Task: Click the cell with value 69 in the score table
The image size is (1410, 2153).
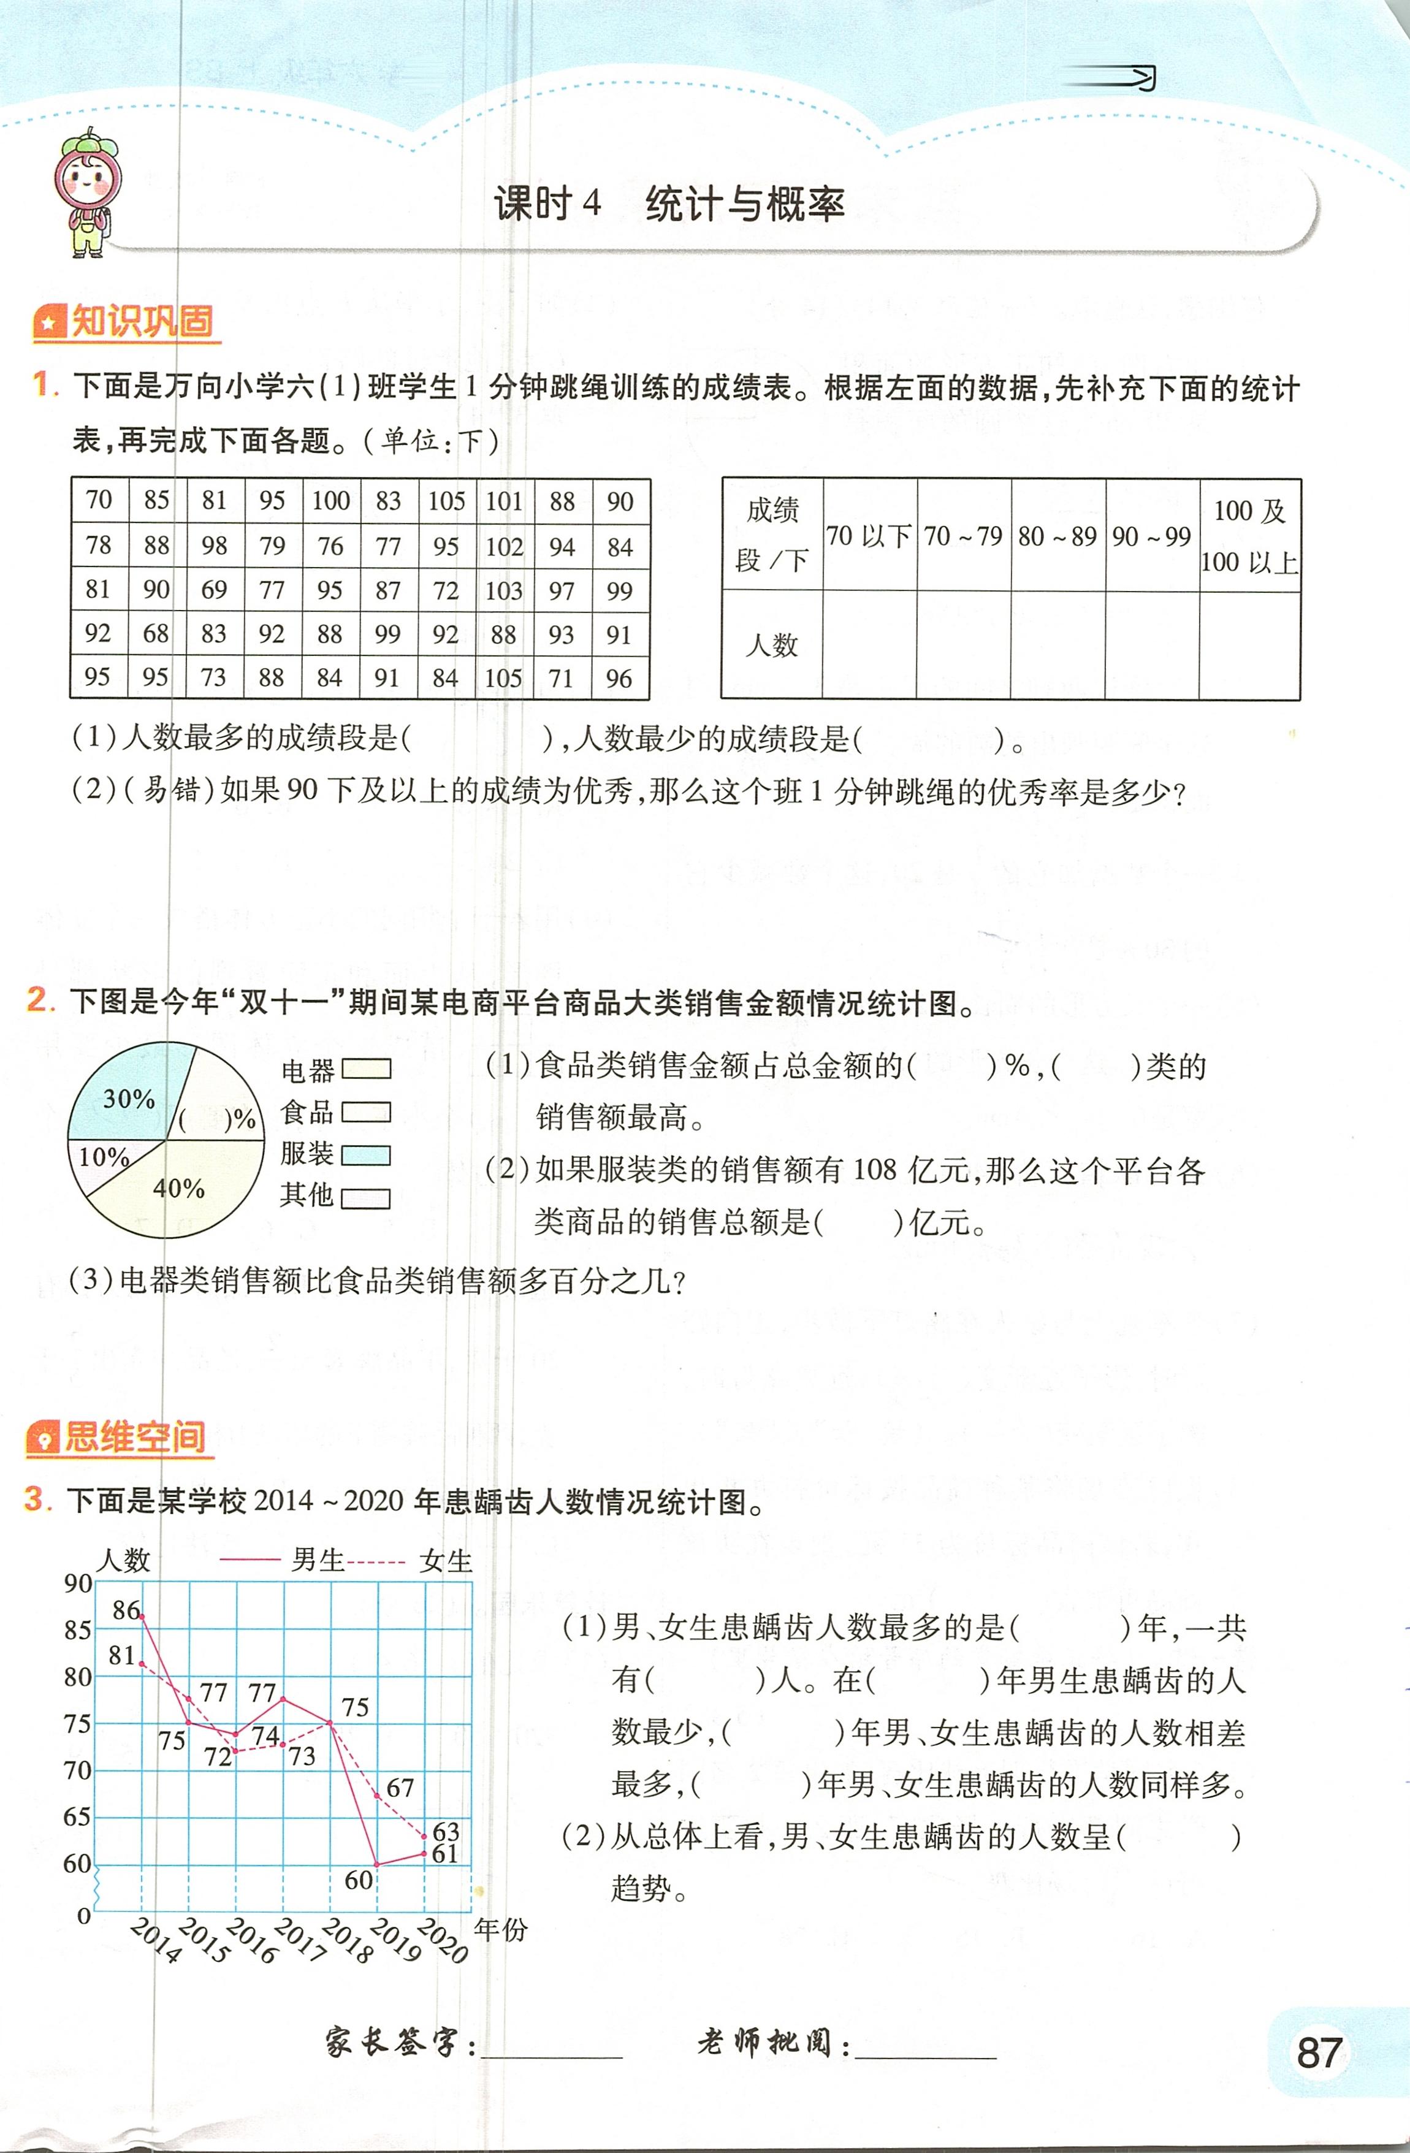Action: click(215, 590)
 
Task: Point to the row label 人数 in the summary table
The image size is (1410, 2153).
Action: click(771, 645)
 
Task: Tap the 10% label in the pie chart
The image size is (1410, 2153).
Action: click(103, 1157)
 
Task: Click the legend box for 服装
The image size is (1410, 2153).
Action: click(365, 1155)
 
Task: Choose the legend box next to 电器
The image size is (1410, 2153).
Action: click(365, 1069)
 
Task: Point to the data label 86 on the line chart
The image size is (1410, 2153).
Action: click(126, 1609)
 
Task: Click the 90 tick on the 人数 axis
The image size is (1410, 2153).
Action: click(78, 1583)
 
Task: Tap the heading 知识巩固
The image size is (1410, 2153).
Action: click(127, 322)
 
